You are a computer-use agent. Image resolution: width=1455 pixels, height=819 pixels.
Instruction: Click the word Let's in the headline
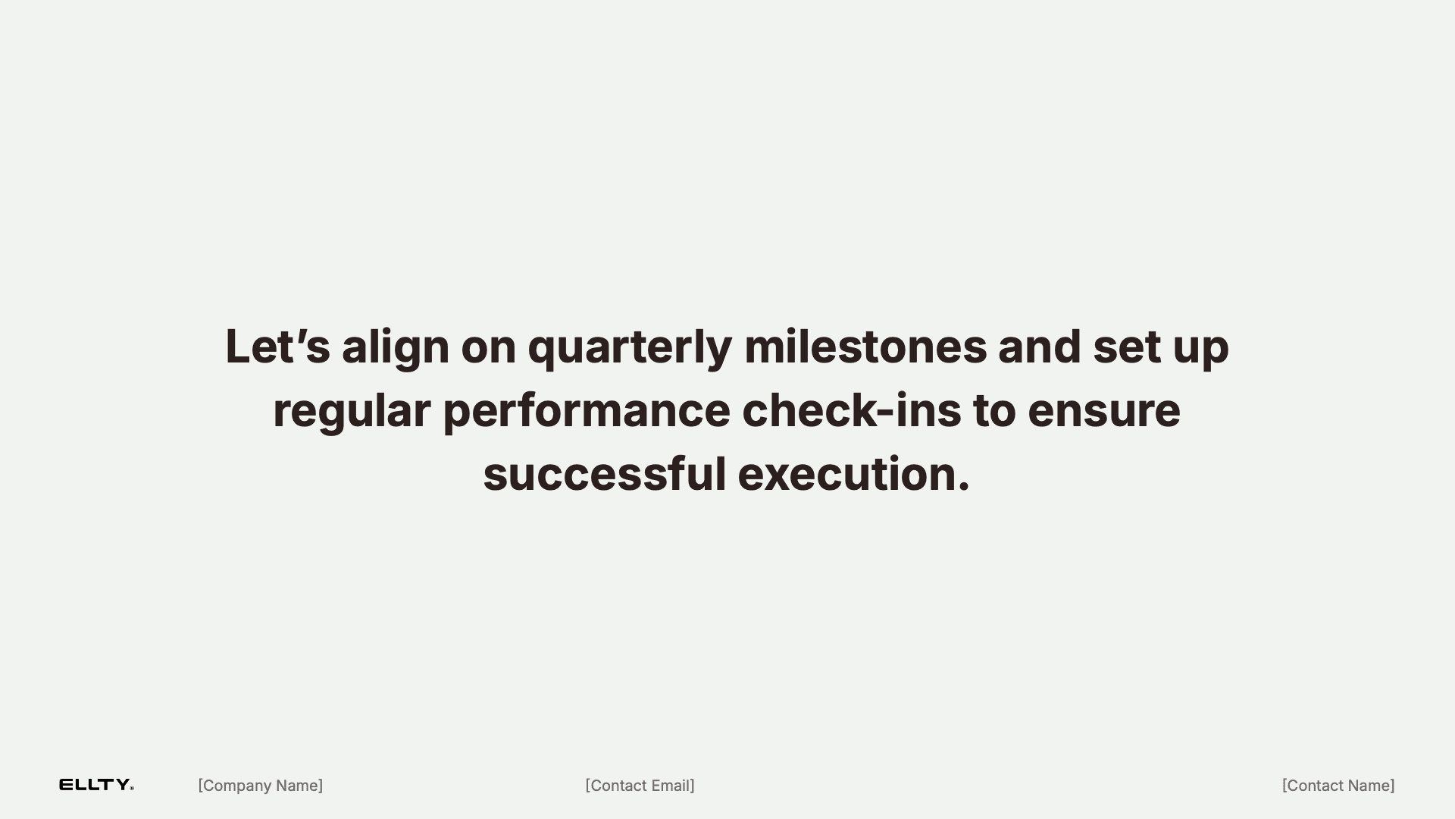(x=277, y=347)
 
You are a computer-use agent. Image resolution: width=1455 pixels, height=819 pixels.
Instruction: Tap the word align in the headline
(x=396, y=349)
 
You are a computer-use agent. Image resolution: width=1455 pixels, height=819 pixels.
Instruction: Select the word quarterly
(x=630, y=350)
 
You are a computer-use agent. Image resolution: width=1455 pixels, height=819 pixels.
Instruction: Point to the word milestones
(x=865, y=347)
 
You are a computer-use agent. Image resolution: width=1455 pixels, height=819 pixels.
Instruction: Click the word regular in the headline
(x=352, y=413)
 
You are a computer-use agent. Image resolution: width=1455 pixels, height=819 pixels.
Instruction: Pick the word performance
(x=587, y=413)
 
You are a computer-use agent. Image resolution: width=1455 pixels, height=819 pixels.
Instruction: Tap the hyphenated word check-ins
(x=852, y=410)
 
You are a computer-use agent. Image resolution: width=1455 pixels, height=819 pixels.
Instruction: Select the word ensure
(x=1104, y=413)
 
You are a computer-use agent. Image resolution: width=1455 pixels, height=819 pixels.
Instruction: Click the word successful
(x=605, y=474)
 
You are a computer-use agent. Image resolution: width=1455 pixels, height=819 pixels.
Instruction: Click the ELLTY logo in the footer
(x=96, y=785)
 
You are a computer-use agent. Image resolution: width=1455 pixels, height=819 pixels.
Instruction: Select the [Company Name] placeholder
(x=261, y=786)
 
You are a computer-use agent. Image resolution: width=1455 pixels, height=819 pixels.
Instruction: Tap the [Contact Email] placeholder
(x=640, y=786)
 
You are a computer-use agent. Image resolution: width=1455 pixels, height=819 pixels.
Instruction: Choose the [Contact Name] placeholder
(x=1338, y=786)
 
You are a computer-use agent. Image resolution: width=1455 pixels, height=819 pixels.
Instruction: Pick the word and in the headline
(x=1039, y=347)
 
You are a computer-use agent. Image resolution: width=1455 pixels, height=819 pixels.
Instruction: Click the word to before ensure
(x=994, y=412)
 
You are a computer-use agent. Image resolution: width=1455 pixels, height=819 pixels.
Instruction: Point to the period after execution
(x=963, y=488)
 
